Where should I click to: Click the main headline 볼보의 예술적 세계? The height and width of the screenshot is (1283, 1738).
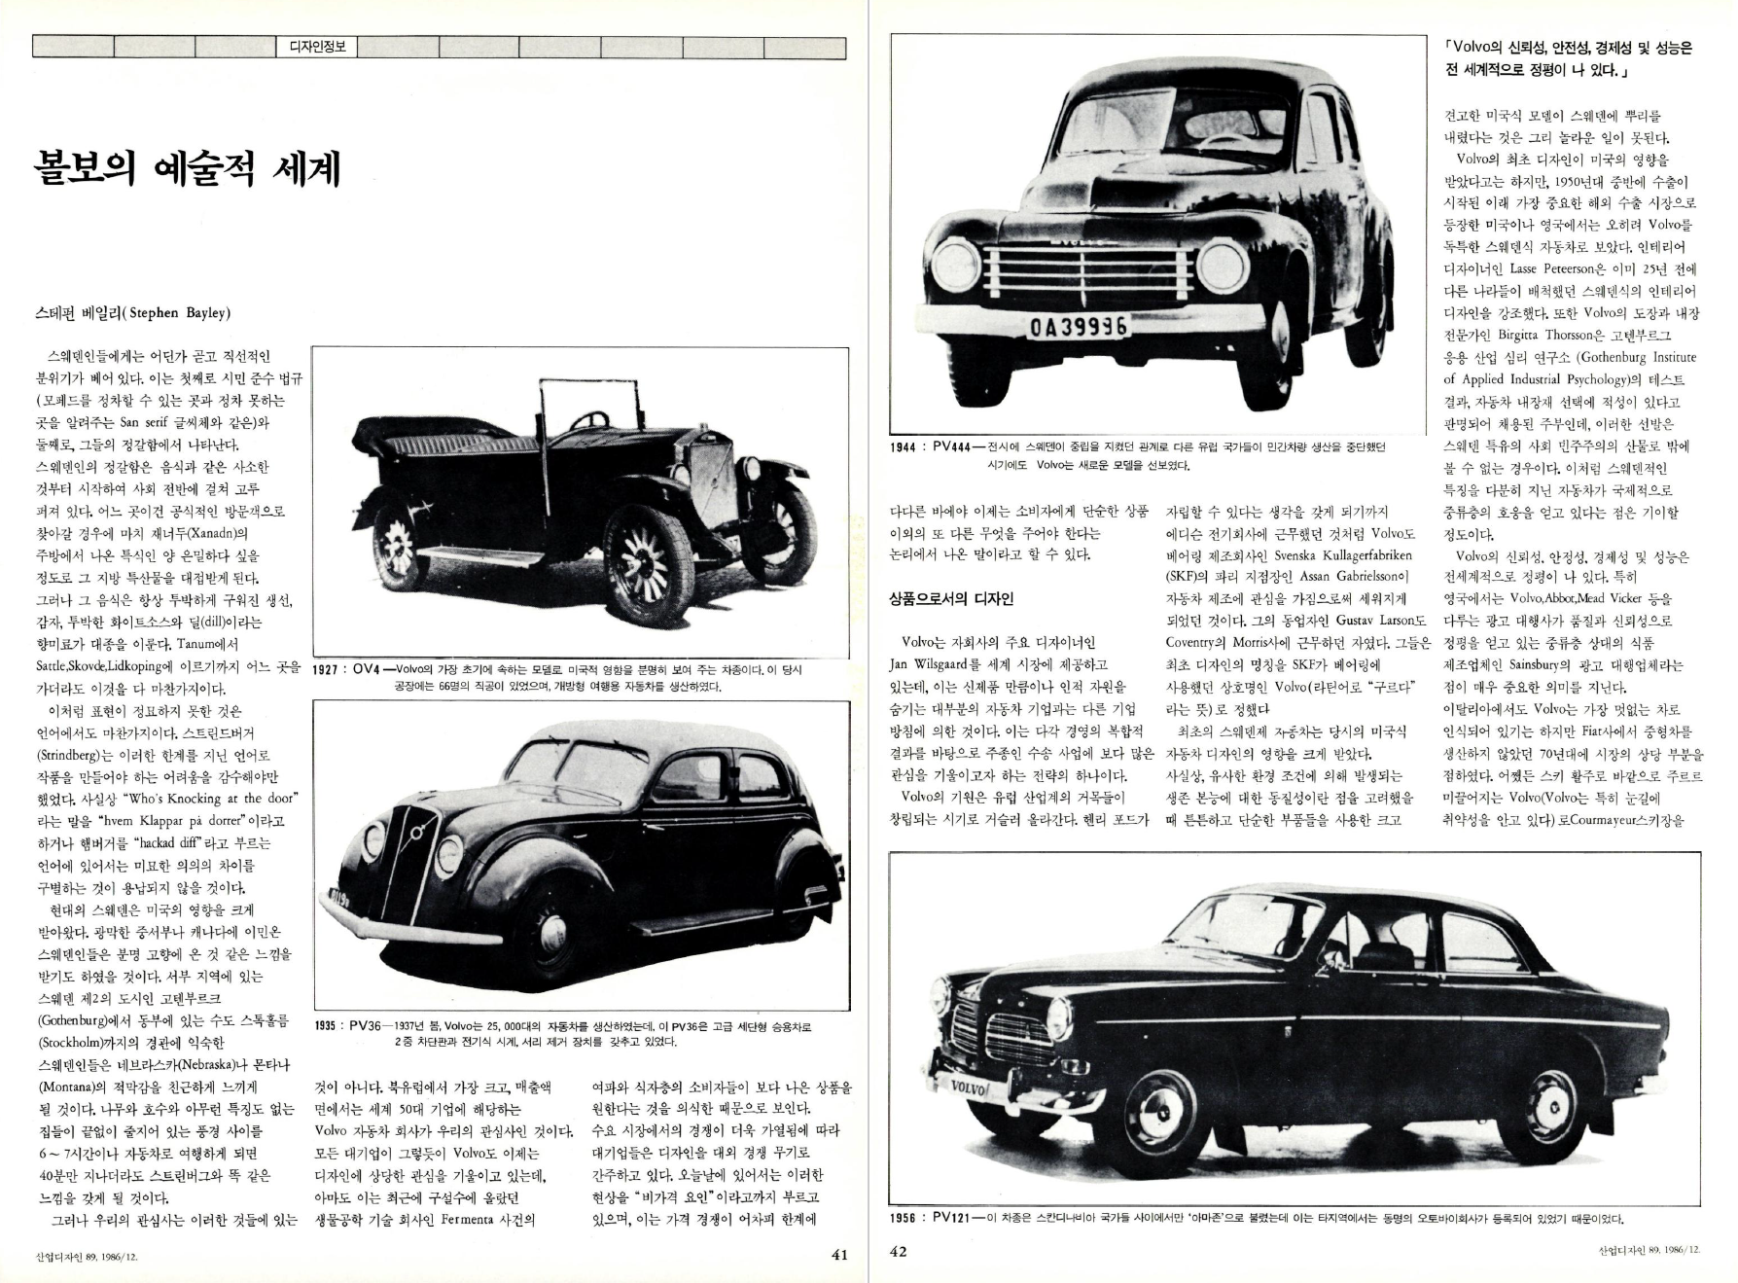pos(186,168)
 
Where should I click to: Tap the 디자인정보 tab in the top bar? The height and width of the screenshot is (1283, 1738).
pos(317,46)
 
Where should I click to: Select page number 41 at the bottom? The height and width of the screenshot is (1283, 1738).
pos(838,1254)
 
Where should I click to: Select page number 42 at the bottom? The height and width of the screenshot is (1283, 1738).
pos(899,1251)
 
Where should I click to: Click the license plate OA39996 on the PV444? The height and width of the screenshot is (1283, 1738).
pos(1078,328)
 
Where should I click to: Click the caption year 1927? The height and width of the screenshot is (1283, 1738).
pos(332,669)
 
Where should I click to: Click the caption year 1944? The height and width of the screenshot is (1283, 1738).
pos(908,446)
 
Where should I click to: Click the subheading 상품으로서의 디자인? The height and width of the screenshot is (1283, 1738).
pos(950,598)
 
